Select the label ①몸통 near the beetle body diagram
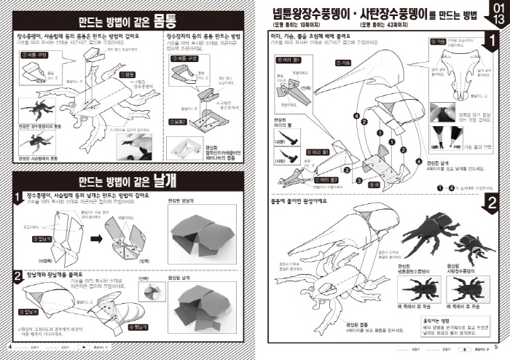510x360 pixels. (128, 74)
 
